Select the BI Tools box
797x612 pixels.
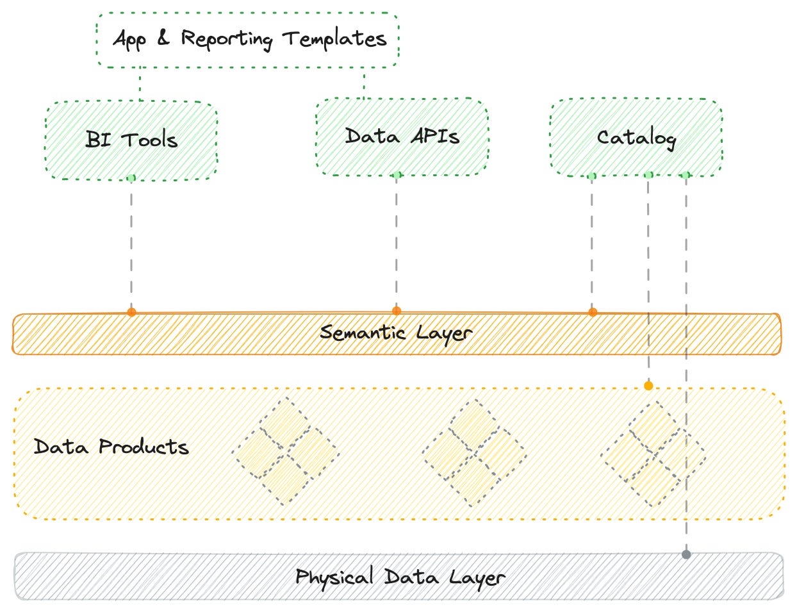131,140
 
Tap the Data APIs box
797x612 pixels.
402,136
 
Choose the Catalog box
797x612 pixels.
636,138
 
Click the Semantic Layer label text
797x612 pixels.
396,333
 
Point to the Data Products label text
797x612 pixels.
111,447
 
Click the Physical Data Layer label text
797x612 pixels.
400,577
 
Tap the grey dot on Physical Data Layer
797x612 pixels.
686,554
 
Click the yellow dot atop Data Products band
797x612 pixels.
648,386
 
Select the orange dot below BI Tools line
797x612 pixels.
131,312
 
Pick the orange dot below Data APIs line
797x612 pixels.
397,311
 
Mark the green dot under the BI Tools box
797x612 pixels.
131,178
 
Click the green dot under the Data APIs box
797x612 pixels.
397,175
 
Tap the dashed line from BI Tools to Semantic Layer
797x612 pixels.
131,244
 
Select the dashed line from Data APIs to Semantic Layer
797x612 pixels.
397,244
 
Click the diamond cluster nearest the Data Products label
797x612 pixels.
286,451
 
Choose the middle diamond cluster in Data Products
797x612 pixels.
474,453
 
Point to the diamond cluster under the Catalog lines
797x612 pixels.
653,454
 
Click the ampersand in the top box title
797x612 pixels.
163,38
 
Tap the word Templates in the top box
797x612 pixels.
334,40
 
